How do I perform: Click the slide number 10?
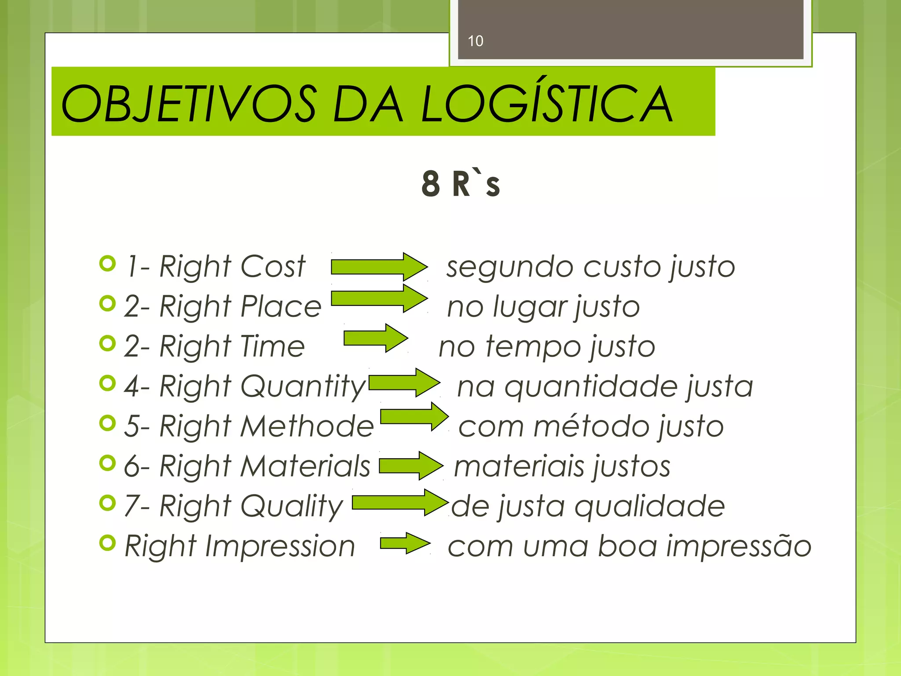475,41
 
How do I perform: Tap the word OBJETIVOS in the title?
188,104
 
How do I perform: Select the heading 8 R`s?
461,184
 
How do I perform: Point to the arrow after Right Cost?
378,267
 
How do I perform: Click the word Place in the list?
281,306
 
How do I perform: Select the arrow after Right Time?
375,338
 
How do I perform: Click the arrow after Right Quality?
399,502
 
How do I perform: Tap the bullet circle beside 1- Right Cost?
107,264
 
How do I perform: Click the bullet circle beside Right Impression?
107,543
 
